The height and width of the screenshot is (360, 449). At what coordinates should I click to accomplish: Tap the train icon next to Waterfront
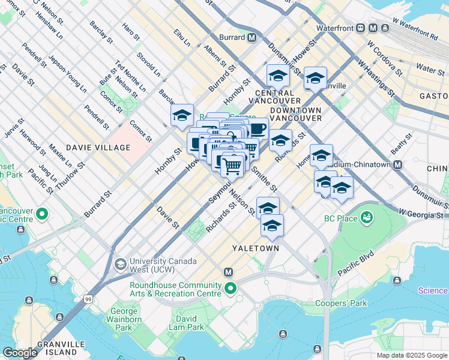click(x=361, y=28)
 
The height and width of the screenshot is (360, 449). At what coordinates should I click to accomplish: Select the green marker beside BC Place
click(x=367, y=218)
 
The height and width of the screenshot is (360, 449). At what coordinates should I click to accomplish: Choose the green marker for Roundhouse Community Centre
click(x=230, y=290)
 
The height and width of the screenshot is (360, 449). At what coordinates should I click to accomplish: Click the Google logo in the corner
click(x=19, y=353)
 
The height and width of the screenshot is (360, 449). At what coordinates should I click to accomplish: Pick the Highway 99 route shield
click(x=89, y=298)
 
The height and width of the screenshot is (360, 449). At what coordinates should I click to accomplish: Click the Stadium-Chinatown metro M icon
click(x=397, y=164)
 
